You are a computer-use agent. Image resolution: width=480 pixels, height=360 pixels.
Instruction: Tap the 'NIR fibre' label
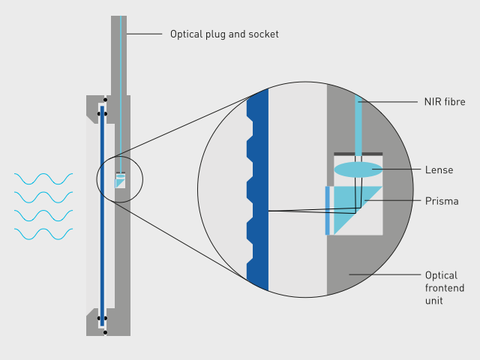(445, 102)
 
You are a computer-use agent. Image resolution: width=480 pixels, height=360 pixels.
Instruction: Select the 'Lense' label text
(439, 170)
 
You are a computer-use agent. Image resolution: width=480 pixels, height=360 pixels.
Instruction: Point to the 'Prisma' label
(441, 202)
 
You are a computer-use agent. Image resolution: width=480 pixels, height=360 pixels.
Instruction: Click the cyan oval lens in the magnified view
(358, 169)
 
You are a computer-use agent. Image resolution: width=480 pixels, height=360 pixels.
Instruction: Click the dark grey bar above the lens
(358, 154)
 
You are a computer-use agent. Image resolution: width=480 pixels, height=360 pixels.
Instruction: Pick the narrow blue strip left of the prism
(328, 210)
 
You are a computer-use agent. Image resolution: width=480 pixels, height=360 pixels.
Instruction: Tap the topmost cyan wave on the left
(43, 178)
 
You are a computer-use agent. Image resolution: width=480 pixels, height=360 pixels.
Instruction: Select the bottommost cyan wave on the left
(43, 234)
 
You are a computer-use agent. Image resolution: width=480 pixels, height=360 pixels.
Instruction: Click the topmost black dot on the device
(105, 100)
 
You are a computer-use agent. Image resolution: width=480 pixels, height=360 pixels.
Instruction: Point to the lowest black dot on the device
(105, 331)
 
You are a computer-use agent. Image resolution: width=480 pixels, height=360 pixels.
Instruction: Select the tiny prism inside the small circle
(121, 182)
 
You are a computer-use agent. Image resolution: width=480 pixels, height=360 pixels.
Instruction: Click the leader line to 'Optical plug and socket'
(144, 34)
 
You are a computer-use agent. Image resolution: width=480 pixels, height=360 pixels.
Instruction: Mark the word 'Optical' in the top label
(186, 34)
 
